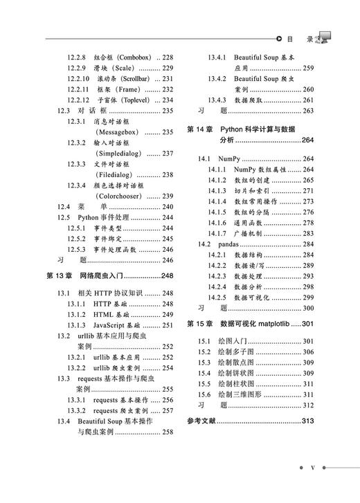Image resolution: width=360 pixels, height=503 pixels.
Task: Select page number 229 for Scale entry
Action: [x=167, y=68]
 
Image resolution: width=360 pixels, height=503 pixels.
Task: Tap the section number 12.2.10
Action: [x=78, y=80]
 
